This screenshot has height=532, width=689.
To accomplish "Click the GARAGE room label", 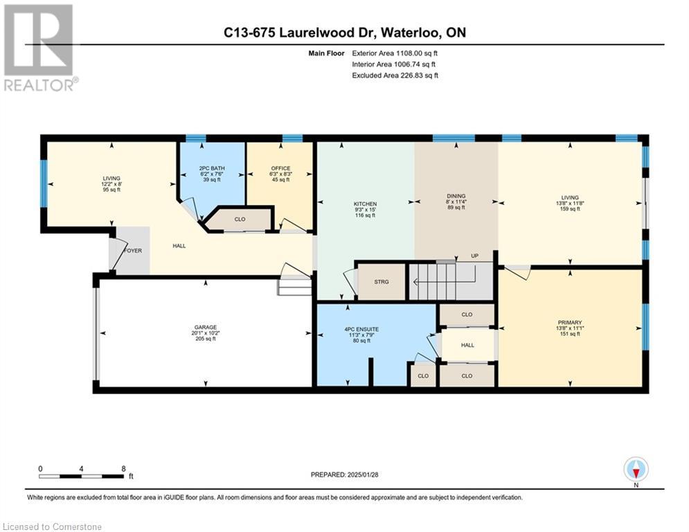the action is [x=205, y=327].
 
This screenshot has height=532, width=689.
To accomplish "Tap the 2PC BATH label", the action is [x=212, y=168].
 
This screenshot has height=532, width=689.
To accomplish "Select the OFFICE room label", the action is [x=280, y=168].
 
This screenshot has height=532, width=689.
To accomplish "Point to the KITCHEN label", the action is [x=365, y=204].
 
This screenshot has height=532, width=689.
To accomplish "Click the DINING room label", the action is [x=456, y=196].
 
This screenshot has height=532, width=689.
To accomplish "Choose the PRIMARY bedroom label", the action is [x=570, y=322].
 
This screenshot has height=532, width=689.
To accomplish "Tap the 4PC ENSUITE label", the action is [x=361, y=329].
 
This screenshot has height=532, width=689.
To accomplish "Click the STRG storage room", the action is [x=382, y=282].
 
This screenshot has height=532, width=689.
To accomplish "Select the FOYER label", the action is [x=133, y=251].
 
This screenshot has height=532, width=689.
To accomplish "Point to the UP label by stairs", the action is [x=474, y=256].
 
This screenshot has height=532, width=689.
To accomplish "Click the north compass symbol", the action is [x=636, y=470].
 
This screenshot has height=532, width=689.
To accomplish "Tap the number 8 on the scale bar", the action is [x=123, y=469].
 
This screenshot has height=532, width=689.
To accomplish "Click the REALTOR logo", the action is [x=40, y=48].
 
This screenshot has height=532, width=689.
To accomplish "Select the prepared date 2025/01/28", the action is [x=363, y=475].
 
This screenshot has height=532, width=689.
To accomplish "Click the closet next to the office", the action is [x=240, y=219].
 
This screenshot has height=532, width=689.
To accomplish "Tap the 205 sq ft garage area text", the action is [x=205, y=339].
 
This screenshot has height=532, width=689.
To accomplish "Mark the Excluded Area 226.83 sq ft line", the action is [x=395, y=76].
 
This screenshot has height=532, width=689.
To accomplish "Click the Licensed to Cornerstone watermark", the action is [x=52, y=526].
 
